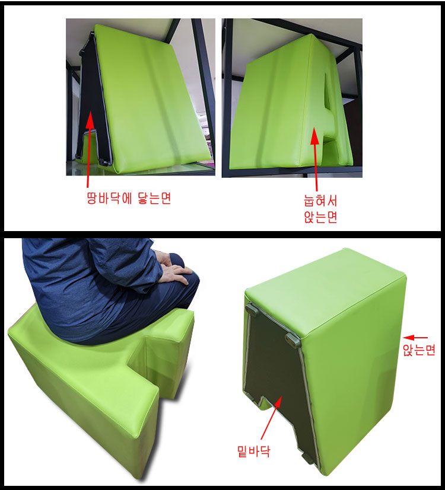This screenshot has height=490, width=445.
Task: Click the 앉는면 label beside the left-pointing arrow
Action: click(x=419, y=350)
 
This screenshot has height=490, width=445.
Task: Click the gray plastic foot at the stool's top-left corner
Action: click(x=251, y=309)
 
